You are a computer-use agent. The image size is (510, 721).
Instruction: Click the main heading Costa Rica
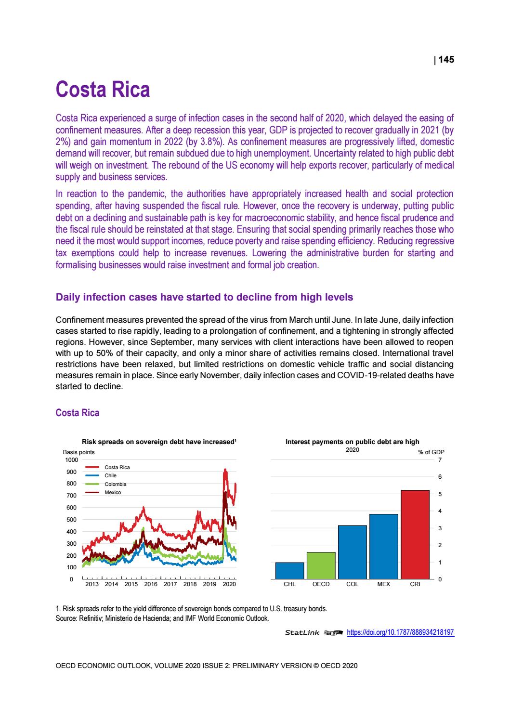(103, 90)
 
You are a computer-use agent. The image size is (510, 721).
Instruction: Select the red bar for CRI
(415, 534)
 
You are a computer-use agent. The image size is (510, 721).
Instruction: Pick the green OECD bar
(321, 565)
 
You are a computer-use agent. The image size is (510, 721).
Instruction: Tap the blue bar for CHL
(289, 570)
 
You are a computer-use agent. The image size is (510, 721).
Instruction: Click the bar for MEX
(383, 546)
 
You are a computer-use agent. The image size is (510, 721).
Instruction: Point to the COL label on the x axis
(352, 584)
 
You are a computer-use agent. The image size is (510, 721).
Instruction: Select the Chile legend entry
(110, 475)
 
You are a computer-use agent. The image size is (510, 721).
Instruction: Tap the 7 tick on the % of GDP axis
(440, 460)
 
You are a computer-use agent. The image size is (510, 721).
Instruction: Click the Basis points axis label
(78, 452)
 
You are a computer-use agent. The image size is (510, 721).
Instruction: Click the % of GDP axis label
(431, 452)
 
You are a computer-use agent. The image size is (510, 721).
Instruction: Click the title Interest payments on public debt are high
(352, 442)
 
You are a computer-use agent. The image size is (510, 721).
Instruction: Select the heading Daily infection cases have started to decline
(204, 297)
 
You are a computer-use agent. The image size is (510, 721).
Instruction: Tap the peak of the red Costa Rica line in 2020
(225, 469)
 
